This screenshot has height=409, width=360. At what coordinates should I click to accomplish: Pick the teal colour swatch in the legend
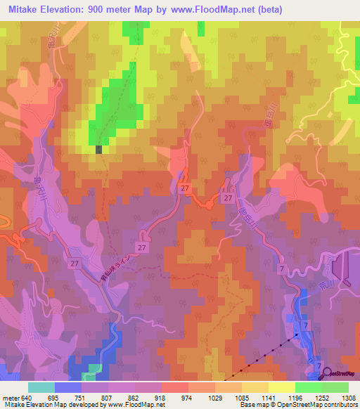click(x=41, y=387)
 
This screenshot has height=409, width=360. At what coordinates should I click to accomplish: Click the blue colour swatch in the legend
click(x=68, y=387)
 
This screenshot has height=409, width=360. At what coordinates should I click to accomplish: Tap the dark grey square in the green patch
click(x=99, y=149)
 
